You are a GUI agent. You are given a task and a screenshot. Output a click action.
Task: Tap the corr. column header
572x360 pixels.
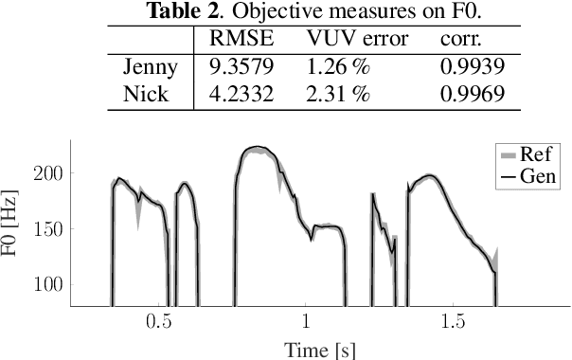pyautogui.click(x=459, y=42)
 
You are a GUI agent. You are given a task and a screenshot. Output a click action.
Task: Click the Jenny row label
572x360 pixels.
pyautogui.click(x=149, y=68)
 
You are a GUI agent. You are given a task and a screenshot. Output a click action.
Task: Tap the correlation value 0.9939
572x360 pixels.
pyautogui.click(x=472, y=68)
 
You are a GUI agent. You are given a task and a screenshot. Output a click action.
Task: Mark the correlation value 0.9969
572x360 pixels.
pyautogui.click(x=472, y=94)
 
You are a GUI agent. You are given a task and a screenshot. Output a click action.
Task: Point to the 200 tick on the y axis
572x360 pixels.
pyautogui.click(x=48, y=173)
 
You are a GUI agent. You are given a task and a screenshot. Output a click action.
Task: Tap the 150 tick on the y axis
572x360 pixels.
pyautogui.click(x=48, y=228)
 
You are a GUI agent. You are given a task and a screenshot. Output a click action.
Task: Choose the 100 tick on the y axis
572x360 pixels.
pyautogui.click(x=48, y=284)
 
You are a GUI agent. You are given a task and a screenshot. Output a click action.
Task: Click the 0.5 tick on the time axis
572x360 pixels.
pyautogui.click(x=160, y=322)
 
